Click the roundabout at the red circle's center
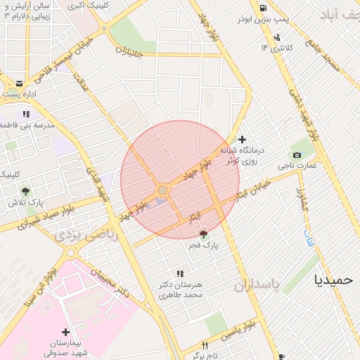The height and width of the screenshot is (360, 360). [x=162, y=191]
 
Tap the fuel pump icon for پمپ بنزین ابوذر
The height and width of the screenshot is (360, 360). [x=262, y=9]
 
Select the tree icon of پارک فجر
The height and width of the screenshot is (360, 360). [x=204, y=234]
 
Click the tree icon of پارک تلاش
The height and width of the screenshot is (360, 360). [x=26, y=191]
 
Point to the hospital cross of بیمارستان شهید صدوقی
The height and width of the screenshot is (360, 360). [x=65, y=332]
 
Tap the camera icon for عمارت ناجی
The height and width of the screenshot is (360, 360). [x=296, y=155]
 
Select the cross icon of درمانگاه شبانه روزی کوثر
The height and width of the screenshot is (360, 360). [x=243, y=139]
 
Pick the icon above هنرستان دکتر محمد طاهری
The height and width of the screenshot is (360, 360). [x=180, y=274]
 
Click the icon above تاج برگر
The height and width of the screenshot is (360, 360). [x=205, y=345]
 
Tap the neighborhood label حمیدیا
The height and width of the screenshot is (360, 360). [x=334, y=279]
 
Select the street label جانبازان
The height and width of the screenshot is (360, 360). [x=129, y=52]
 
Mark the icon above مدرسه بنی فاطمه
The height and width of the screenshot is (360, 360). [x=26, y=113]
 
